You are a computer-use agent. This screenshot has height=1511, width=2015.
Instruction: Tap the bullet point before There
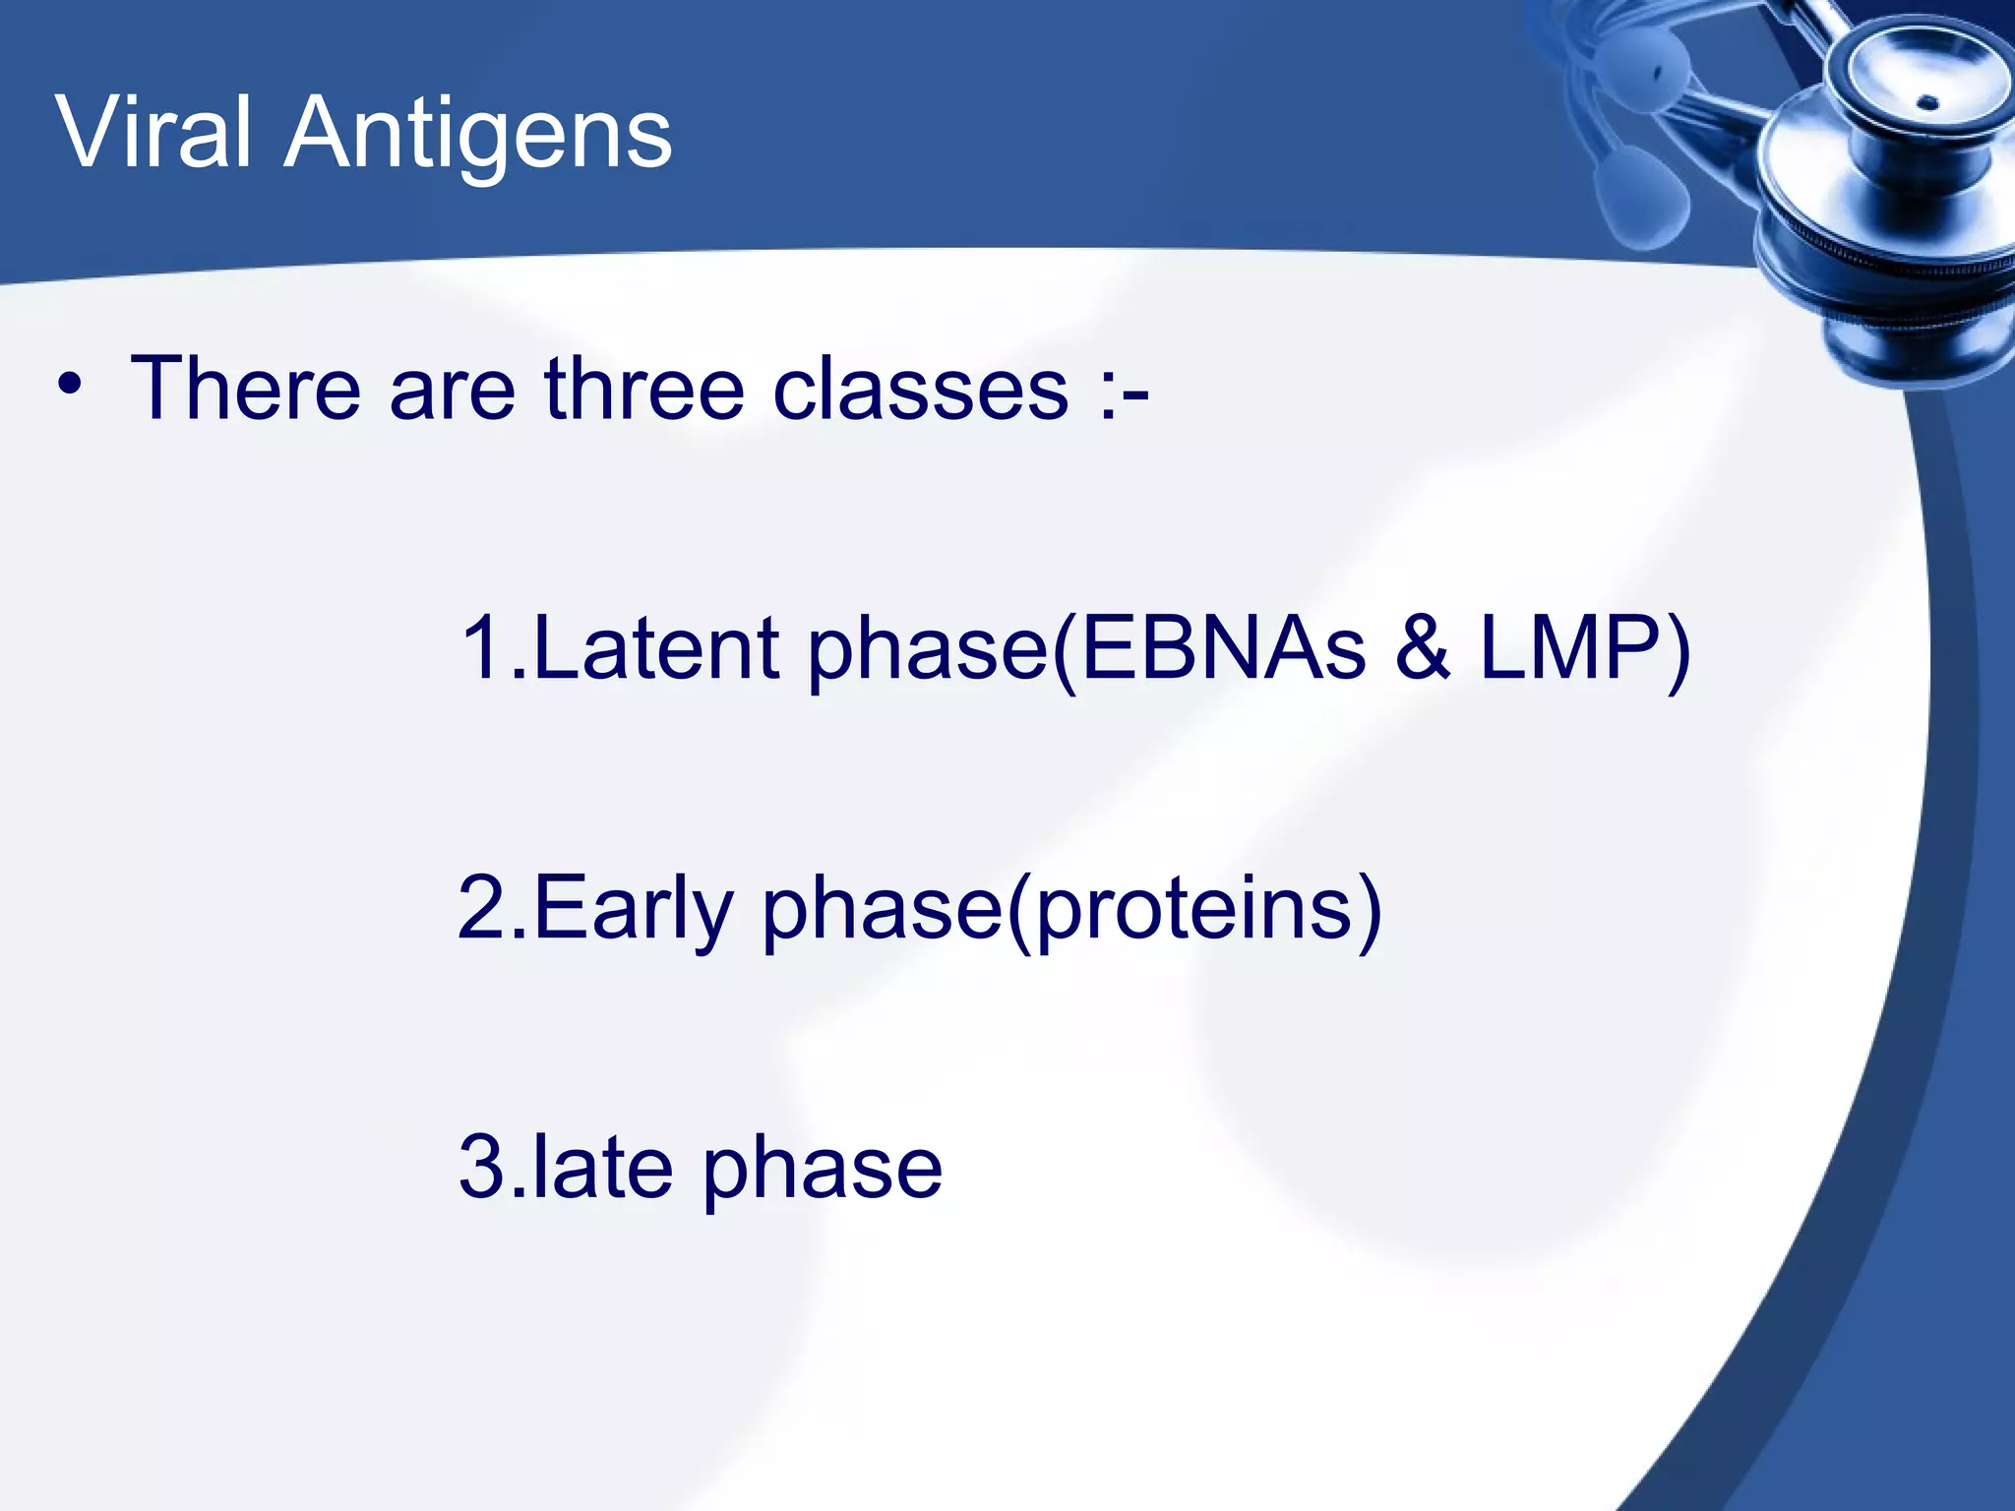pyautogui.click(x=69, y=386)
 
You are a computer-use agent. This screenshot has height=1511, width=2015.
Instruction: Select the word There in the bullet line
pyautogui.click(x=245, y=389)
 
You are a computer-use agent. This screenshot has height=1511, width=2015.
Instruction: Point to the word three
pyautogui.click(x=644, y=389)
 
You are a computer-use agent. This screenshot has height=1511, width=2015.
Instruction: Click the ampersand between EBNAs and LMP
pyautogui.click(x=1423, y=648)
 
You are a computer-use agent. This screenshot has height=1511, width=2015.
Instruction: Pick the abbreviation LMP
pyautogui.click(x=1570, y=648)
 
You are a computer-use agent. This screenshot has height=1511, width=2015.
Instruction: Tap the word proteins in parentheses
pyautogui.click(x=1195, y=911)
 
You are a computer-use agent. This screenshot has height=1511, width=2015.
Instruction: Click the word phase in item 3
pyautogui.click(x=823, y=1171)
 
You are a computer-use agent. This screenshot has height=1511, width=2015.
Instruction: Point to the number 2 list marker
pyautogui.click(x=482, y=907)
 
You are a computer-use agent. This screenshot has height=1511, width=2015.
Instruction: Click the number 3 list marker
pyautogui.click(x=482, y=1168)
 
